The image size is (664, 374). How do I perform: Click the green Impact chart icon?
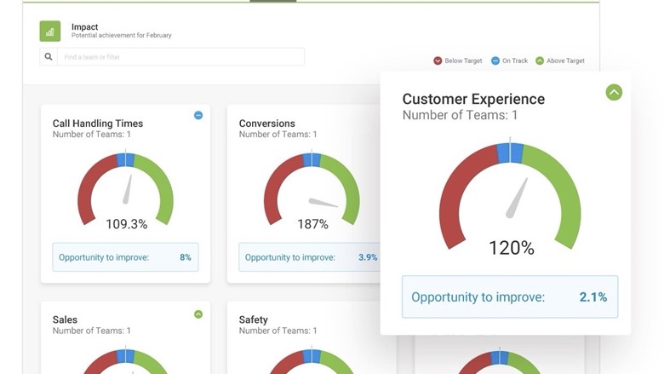pyautogui.click(x=50, y=32)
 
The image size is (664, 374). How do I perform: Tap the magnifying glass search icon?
pyautogui.click(x=49, y=57)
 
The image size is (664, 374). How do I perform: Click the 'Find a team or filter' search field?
pyautogui.click(x=180, y=57)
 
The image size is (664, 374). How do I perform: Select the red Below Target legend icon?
pyautogui.click(x=438, y=61)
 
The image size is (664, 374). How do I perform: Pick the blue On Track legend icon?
pyautogui.click(x=495, y=61)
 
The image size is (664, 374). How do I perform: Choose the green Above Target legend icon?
pyautogui.click(x=540, y=61)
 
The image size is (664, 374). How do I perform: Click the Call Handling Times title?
pyautogui.click(x=98, y=124)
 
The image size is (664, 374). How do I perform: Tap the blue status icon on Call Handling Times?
pyautogui.click(x=198, y=116)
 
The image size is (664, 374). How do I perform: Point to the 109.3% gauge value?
pyautogui.click(x=126, y=224)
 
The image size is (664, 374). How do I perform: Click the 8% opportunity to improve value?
pyautogui.click(x=186, y=257)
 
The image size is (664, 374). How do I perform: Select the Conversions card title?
pyautogui.click(x=267, y=124)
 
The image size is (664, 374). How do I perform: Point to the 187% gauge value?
pyautogui.click(x=312, y=224)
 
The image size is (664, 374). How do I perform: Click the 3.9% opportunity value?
pyautogui.click(x=368, y=257)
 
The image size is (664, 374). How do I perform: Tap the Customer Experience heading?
pyautogui.click(x=473, y=99)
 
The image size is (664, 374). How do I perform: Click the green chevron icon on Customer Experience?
pyautogui.click(x=614, y=92)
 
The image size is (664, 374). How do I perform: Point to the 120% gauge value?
pyautogui.click(x=511, y=248)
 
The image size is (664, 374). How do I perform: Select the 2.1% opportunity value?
pyautogui.click(x=593, y=297)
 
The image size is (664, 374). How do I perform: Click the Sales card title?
pyautogui.click(x=66, y=319)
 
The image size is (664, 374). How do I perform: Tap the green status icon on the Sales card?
pyautogui.click(x=198, y=314)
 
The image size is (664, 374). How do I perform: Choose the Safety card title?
pyautogui.click(x=254, y=319)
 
